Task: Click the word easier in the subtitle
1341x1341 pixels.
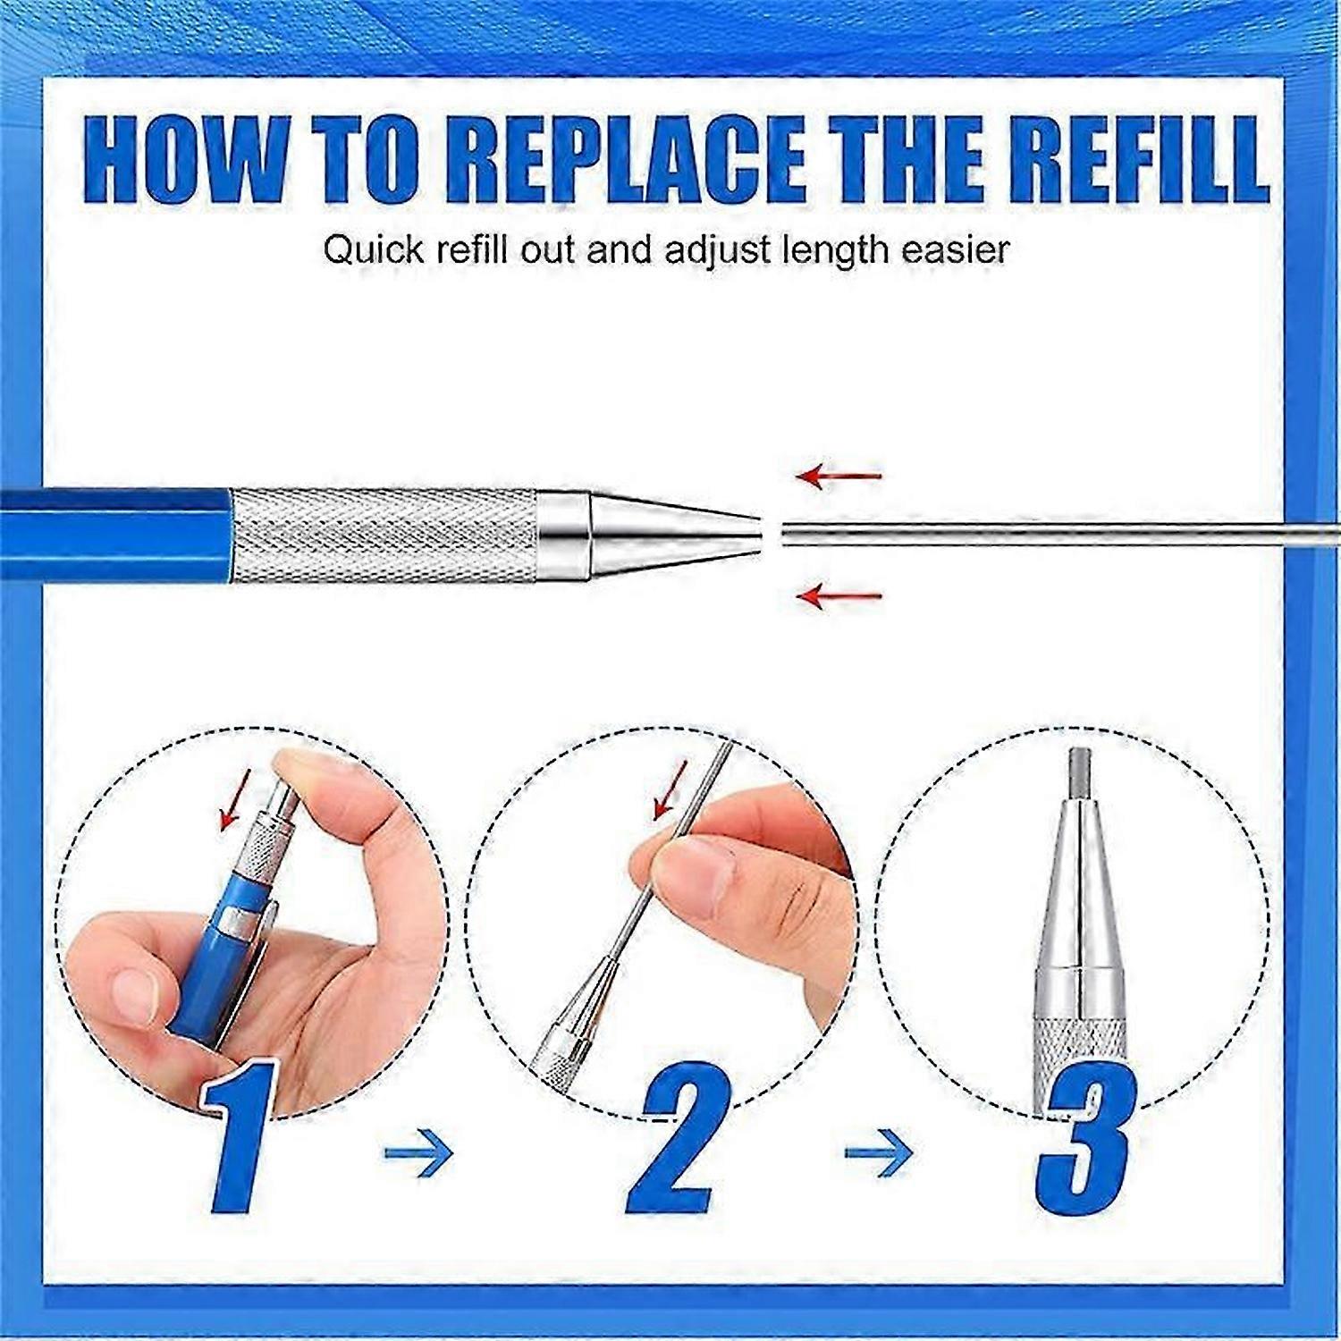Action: (956, 250)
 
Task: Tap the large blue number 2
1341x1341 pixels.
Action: (679, 1137)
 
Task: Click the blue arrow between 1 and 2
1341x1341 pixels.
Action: (418, 1152)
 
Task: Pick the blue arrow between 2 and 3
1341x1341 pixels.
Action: (879, 1152)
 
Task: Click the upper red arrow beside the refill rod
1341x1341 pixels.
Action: (839, 476)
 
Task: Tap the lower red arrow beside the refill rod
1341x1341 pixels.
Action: (839, 595)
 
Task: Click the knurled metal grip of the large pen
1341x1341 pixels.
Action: (384, 536)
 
